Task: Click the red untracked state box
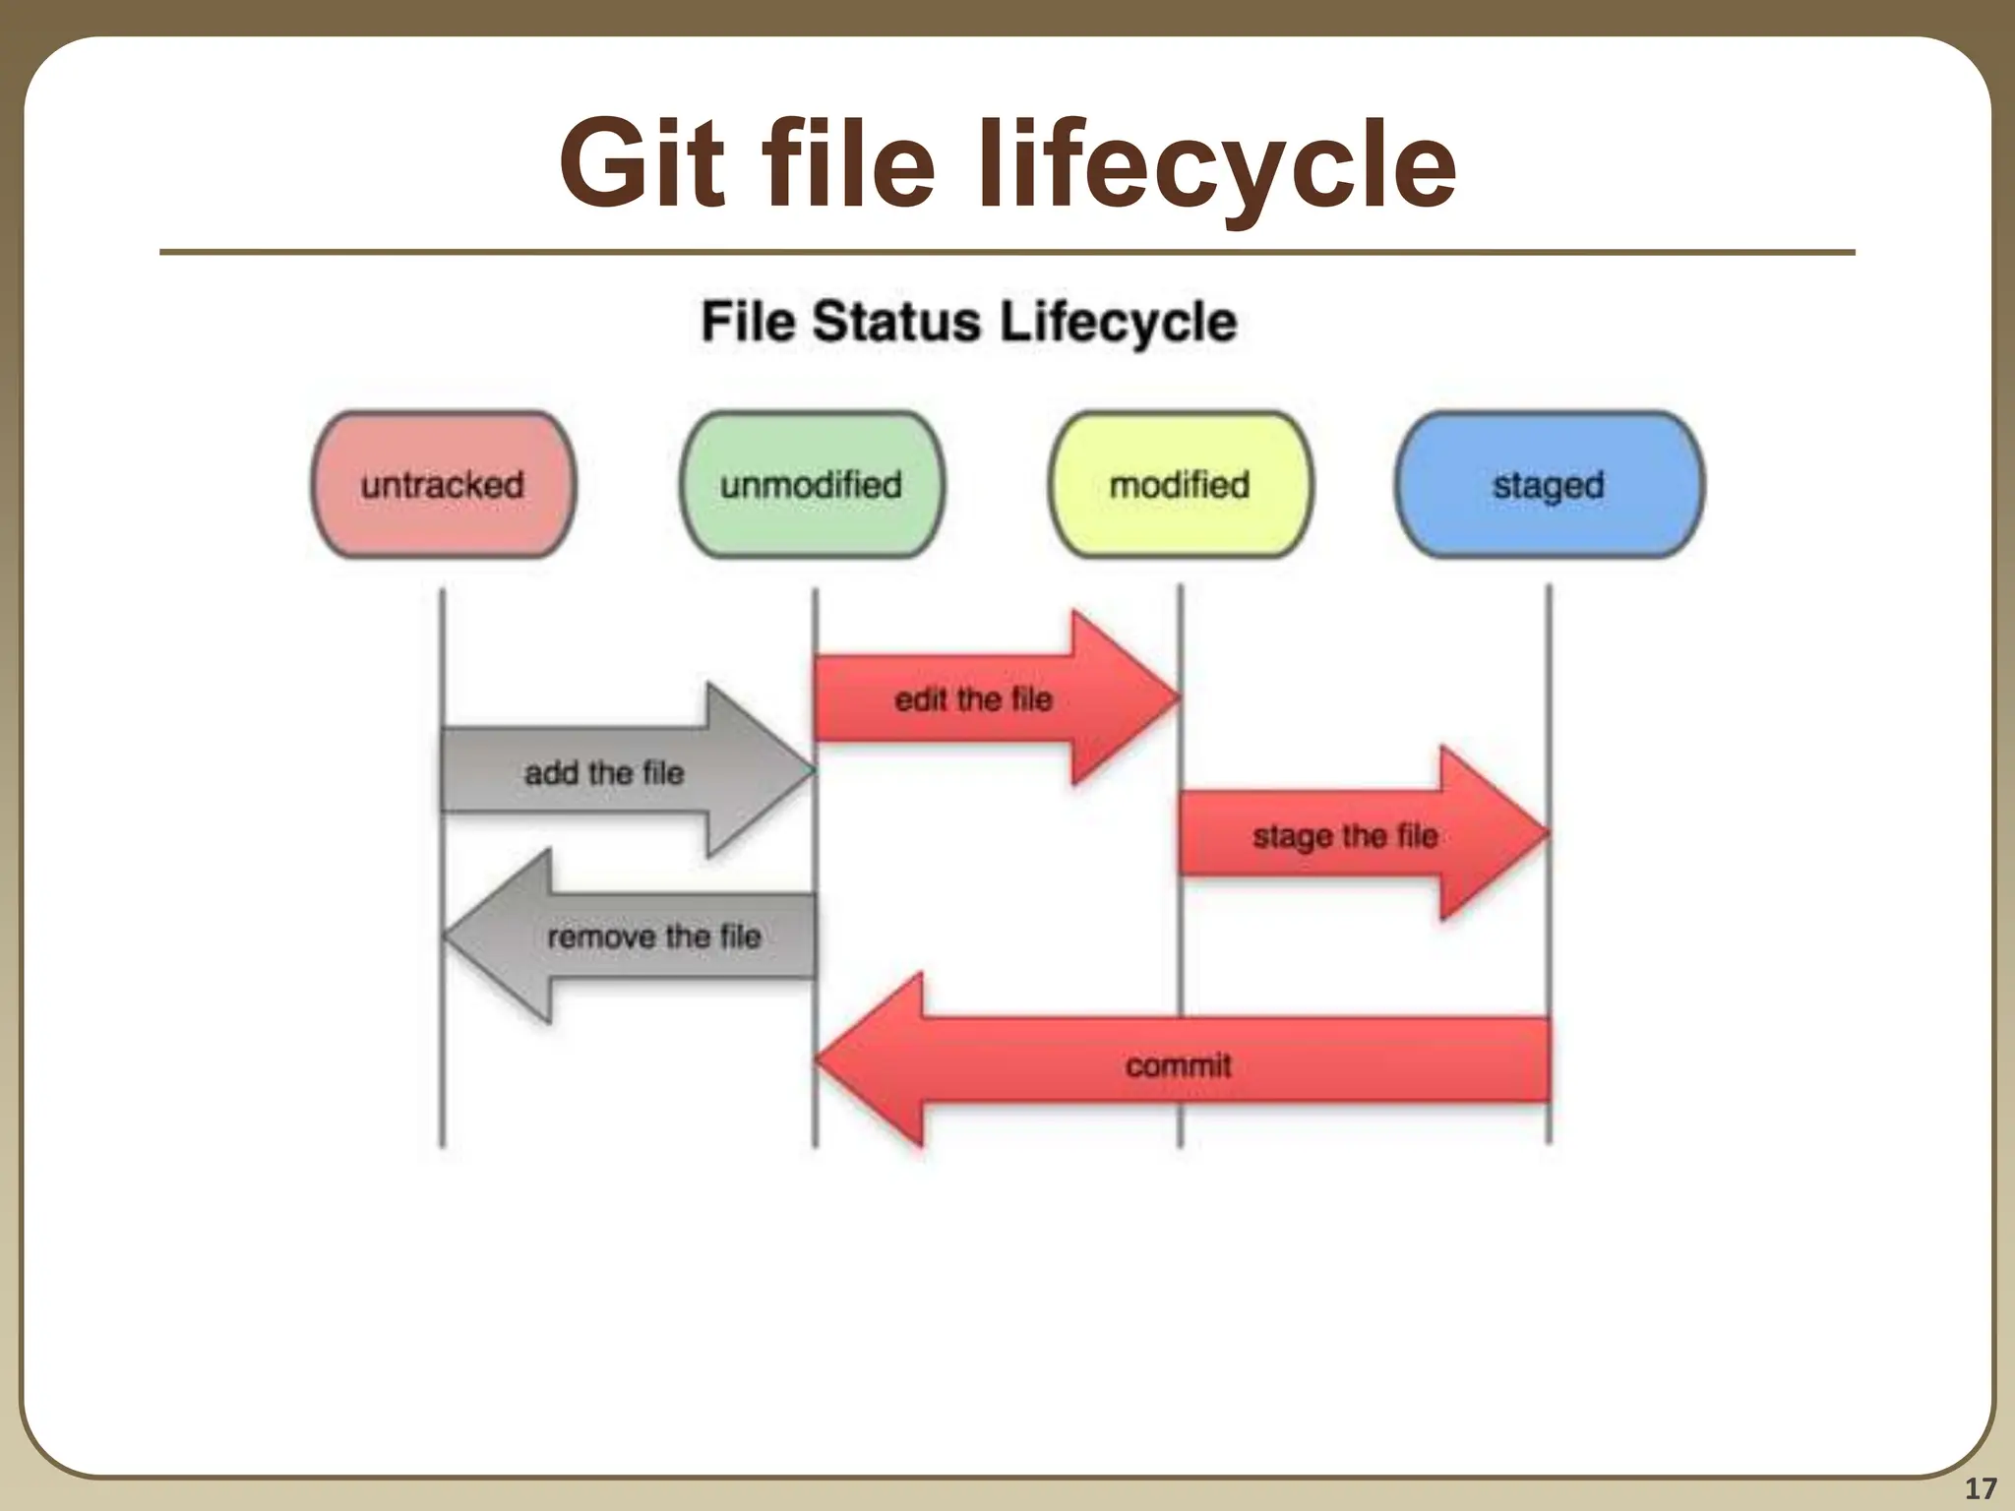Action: pos(443,484)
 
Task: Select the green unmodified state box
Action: pos(812,484)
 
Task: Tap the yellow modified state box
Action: pos(1180,484)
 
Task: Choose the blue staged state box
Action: pos(1549,484)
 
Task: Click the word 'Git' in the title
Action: pos(649,165)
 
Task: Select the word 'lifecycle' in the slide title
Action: pos(1214,165)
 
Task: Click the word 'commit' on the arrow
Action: pos(1178,1064)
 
